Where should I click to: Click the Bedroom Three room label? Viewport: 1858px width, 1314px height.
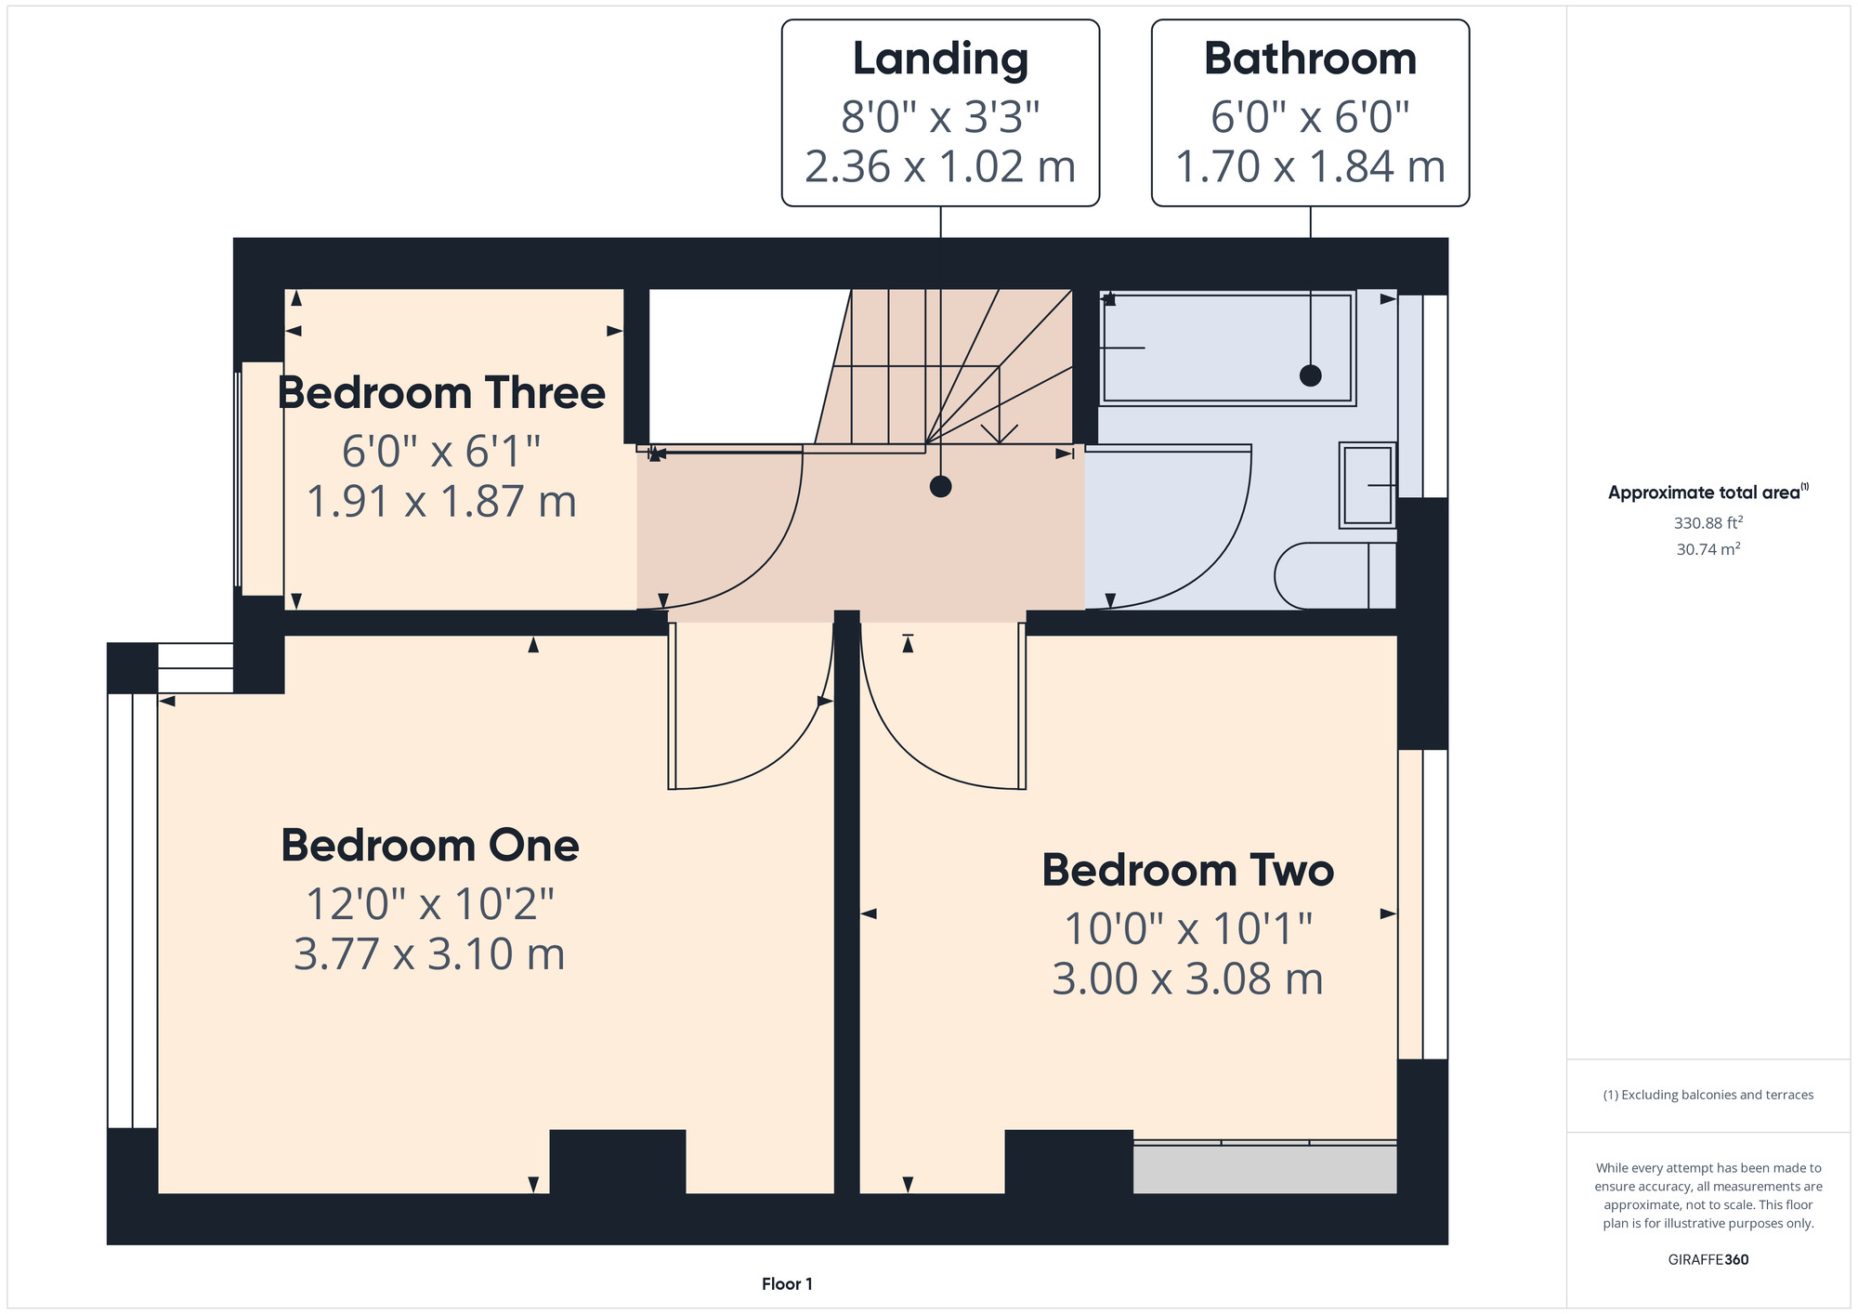441,393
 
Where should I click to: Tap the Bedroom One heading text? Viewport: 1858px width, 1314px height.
430,846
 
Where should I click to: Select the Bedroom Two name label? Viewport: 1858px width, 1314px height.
1188,871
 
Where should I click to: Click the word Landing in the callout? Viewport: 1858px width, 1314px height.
940,60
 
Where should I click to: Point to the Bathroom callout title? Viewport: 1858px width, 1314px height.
1310,59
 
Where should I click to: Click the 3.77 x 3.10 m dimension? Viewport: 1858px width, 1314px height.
429,954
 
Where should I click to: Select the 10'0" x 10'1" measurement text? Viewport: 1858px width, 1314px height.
1188,928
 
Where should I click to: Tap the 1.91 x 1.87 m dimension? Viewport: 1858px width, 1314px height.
441,502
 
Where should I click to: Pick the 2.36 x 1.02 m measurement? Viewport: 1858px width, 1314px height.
940,167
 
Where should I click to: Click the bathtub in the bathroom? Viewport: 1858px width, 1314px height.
1227,348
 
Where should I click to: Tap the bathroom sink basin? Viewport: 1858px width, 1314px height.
1367,485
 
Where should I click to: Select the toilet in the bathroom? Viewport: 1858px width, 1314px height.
1335,576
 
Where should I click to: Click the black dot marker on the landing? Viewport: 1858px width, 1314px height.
941,486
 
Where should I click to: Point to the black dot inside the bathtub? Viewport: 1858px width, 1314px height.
1311,375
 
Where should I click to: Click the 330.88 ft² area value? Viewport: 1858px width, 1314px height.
1708,523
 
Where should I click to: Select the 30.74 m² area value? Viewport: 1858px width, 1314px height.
1708,549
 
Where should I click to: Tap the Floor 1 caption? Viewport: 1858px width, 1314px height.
787,1284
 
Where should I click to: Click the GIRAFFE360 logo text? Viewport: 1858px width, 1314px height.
1708,1260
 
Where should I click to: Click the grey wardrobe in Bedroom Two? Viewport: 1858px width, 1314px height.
1264,1167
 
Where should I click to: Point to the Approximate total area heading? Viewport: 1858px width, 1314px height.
1708,493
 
